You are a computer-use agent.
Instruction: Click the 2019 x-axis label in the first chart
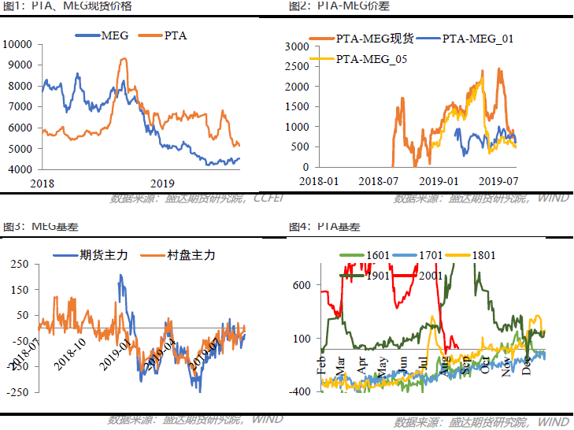pos(161,182)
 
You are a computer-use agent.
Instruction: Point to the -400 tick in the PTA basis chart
pos(303,391)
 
